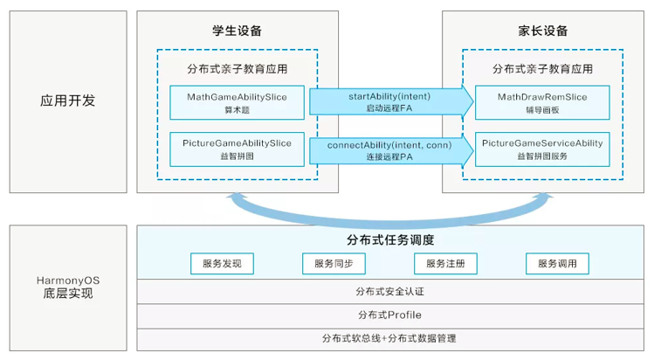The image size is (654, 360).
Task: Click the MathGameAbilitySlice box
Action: [x=237, y=100]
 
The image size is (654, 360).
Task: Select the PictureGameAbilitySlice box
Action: [x=237, y=147]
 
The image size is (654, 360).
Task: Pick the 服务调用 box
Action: [x=557, y=263]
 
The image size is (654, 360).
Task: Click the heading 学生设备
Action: [x=237, y=31]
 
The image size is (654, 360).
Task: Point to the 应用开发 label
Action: [x=67, y=100]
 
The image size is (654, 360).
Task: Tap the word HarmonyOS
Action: [x=67, y=280]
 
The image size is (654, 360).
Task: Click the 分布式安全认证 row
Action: [x=390, y=292]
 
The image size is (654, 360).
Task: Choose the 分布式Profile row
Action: [x=390, y=315]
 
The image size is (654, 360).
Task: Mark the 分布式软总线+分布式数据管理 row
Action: [x=390, y=337]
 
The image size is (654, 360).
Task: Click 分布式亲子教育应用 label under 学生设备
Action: [x=237, y=68]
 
